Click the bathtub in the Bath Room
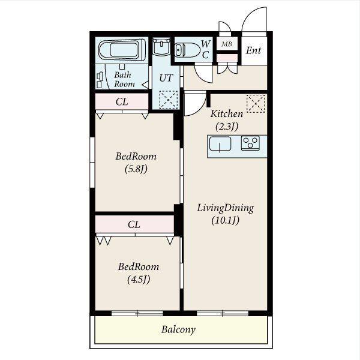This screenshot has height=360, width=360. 122,50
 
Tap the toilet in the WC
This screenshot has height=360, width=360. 187,50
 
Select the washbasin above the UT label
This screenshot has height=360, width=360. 161,47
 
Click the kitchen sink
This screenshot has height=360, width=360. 220,144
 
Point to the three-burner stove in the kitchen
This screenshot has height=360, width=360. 250,143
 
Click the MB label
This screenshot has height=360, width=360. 227,44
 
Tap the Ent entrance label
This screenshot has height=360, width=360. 253,50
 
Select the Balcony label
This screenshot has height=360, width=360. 178,329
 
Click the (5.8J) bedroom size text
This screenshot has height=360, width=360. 136,169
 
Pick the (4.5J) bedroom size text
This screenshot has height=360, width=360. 139,280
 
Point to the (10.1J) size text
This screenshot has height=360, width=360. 225,220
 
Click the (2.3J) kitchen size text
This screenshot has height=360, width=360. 227,126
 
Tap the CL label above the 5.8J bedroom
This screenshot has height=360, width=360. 122,102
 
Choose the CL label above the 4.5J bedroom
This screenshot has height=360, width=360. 134,224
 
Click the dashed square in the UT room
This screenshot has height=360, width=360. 169,100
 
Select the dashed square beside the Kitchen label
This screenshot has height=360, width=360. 256,104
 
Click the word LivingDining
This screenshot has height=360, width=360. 226,208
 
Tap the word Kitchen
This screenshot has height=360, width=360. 227,113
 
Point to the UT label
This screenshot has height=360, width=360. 166,78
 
